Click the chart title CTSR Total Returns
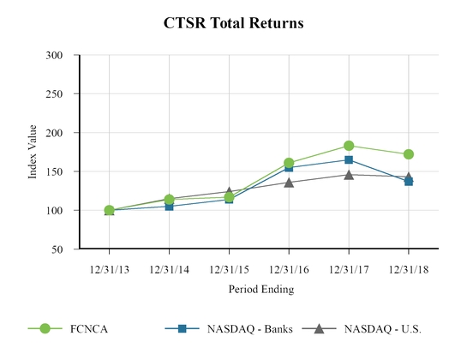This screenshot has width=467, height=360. [233, 23]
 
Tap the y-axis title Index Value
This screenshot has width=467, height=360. [33, 152]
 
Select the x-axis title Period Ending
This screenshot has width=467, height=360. [260, 289]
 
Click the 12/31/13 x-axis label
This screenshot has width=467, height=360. [109, 268]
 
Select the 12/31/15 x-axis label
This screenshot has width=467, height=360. [229, 268]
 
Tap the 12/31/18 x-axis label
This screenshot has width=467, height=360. [409, 268]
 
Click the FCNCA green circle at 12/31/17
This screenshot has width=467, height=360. [349, 146]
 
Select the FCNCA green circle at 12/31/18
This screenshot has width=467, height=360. [409, 154]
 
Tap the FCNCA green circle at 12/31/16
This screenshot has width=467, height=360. [289, 163]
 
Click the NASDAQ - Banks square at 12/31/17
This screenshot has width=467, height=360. [349, 160]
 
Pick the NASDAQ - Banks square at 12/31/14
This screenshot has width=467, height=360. [169, 206]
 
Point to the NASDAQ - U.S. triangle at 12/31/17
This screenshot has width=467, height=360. [349, 175]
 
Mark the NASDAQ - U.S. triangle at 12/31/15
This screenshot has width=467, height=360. [229, 192]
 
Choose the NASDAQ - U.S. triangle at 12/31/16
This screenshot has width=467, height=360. [289, 182]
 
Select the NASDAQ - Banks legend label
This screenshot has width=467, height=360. [248, 328]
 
